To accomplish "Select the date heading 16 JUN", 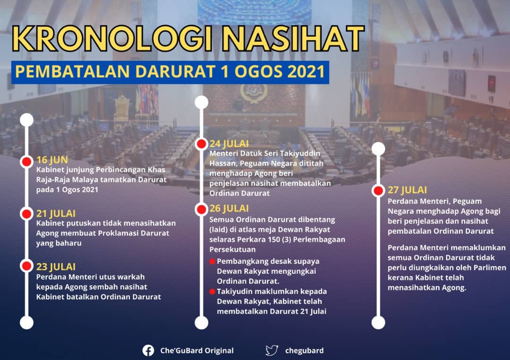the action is [52, 159].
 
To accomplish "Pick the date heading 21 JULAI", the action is [56, 213].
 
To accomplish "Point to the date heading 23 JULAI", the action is [56, 267].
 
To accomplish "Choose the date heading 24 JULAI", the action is [229, 143].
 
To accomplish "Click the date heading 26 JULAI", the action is [229, 208].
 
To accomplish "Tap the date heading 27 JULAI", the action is [407, 190].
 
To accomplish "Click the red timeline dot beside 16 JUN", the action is [26, 161].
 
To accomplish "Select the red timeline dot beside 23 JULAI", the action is [26, 266].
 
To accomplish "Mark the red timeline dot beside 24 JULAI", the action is [201, 144].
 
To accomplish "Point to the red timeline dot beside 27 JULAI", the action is [378, 191].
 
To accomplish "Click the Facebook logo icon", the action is [148, 351].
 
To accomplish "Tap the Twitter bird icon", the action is [272, 351].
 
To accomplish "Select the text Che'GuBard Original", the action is [197, 351].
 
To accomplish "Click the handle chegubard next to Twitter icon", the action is [305, 351].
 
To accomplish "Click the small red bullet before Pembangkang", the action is [212, 261].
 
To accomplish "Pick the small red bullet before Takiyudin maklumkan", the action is [212, 292].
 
